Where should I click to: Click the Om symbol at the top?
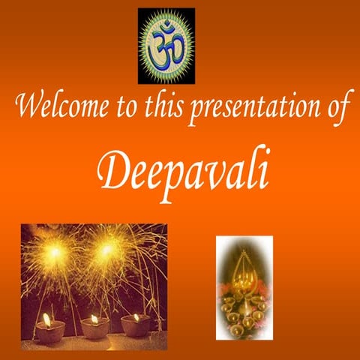(166, 46)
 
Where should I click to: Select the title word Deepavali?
(184, 171)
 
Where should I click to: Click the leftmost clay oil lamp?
(48, 331)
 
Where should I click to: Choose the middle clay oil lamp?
(95, 328)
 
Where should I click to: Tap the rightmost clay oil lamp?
(136, 325)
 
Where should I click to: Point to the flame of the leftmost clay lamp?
(47, 319)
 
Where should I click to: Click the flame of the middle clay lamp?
(94, 319)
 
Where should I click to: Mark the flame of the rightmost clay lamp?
(136, 317)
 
